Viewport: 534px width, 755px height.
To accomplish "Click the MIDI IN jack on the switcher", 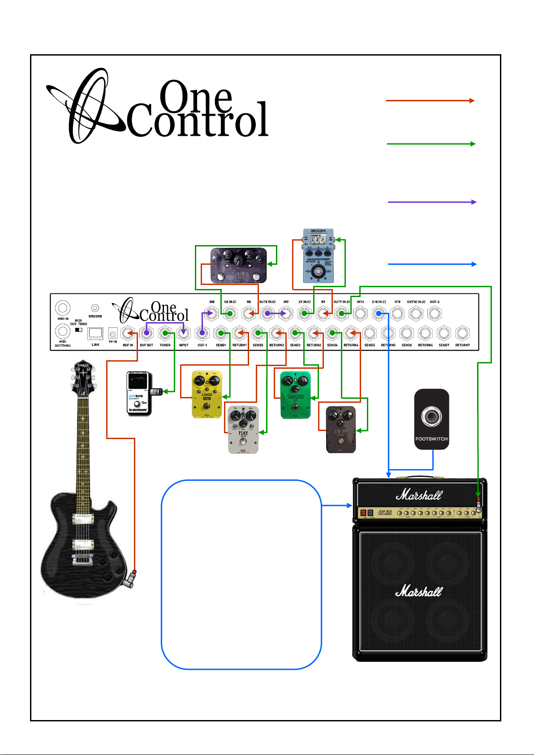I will point(63,309).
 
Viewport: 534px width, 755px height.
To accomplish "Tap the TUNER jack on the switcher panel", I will point(165,333).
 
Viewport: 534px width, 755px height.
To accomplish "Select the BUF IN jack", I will point(129,333).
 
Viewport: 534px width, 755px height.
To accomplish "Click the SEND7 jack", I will point(444,333).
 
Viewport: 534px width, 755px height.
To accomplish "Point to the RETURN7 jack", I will point(462,333).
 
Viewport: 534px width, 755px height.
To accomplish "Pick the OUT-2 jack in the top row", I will point(435,313).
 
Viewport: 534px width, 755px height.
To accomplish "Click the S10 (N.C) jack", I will point(379,313).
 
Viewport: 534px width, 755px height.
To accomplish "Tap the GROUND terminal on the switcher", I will point(95,308).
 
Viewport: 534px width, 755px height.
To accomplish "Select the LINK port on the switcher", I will point(95,334).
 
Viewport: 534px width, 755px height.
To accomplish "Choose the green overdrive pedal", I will point(295,395).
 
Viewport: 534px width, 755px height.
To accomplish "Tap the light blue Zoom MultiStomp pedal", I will point(318,256).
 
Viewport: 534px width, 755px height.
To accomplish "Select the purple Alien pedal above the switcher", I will point(239,266).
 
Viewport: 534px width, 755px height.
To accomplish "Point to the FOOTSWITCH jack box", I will point(431,419).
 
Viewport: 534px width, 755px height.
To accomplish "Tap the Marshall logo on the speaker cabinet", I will point(419,591).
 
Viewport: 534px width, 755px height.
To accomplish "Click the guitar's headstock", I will point(83,379).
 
